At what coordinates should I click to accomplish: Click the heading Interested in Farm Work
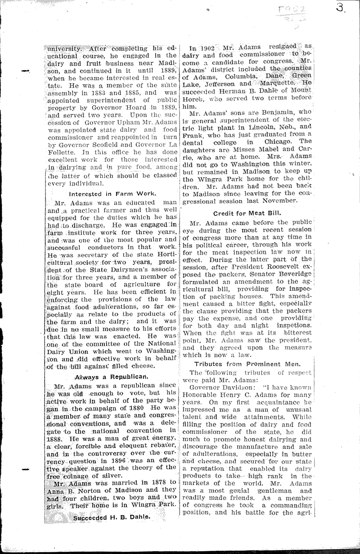(113, 193)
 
